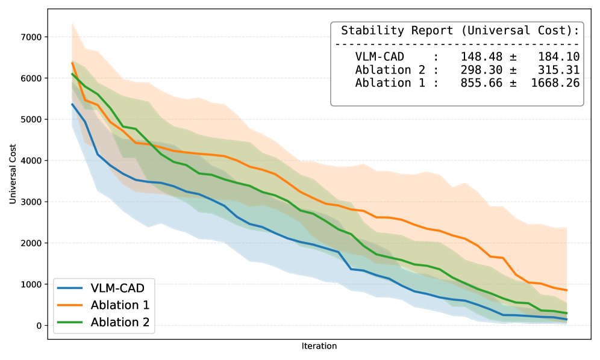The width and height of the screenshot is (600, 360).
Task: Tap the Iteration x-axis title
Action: (319, 346)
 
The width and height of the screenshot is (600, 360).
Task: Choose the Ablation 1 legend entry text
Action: (120, 305)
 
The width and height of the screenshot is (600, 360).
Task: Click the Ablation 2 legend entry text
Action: (120, 322)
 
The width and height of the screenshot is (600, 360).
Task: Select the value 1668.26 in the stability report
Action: (555, 83)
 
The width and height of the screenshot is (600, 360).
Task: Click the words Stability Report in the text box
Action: (398, 31)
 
